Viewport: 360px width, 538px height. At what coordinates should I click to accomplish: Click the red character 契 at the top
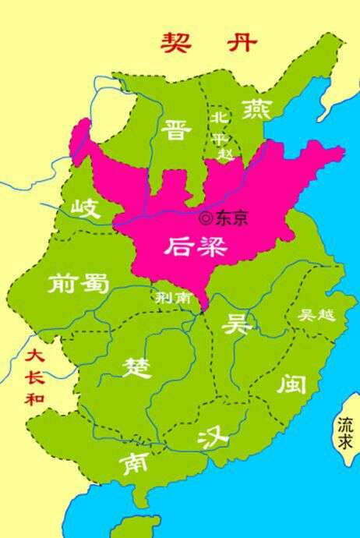click(x=176, y=41)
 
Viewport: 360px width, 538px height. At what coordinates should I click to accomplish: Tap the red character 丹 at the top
click(x=242, y=41)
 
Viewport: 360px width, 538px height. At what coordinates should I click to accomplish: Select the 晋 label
click(x=177, y=129)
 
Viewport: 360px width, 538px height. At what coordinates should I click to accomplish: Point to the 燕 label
click(x=255, y=108)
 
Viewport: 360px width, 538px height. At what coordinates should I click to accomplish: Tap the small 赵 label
click(x=226, y=154)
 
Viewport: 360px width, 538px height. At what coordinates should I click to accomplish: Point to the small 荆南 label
click(x=169, y=297)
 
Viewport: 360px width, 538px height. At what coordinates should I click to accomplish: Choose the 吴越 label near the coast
click(x=316, y=316)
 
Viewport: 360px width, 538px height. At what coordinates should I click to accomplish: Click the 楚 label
click(x=137, y=366)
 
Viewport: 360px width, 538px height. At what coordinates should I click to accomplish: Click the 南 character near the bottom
click(x=133, y=465)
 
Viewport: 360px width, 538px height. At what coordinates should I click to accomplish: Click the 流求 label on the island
click(x=345, y=434)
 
